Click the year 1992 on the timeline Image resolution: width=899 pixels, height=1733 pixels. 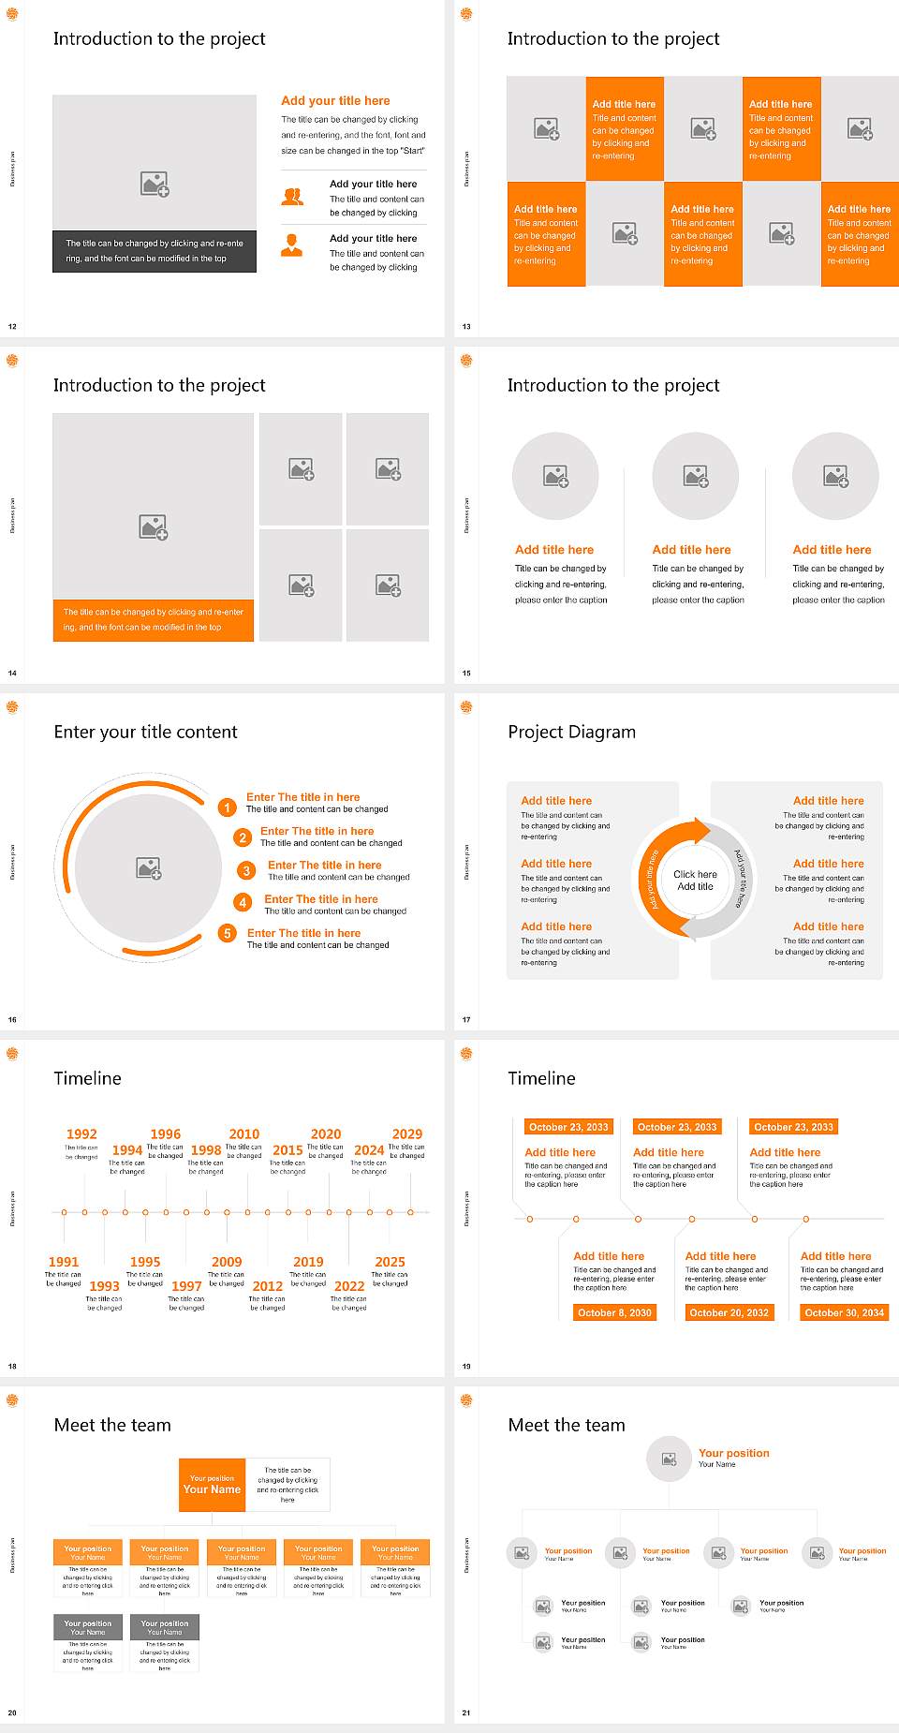coord(81,1133)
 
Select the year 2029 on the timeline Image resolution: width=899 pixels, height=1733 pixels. coord(407,1133)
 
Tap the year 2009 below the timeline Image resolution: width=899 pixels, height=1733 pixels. coord(227,1262)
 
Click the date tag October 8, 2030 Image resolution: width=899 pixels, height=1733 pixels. coord(614,1312)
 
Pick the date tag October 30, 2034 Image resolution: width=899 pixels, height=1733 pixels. coord(844,1312)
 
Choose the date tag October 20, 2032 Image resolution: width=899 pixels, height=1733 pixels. coord(729,1312)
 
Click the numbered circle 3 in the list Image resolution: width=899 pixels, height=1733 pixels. coord(246,871)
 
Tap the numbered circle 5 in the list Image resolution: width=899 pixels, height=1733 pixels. coord(227,933)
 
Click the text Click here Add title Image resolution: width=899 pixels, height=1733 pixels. coord(695,880)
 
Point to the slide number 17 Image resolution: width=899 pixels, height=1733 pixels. coord(466,1019)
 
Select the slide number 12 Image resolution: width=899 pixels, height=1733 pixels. coord(12,326)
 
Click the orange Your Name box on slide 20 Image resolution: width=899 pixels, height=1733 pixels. coord(213,1485)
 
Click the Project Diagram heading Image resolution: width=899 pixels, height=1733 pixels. coord(571,732)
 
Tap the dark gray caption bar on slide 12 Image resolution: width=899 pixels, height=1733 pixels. coord(155,251)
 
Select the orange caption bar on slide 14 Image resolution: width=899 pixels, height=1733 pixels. coord(154,620)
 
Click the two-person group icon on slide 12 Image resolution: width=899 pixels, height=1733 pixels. coord(292,197)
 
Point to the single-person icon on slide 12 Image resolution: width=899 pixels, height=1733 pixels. coord(292,245)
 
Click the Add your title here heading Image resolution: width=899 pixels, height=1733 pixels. coord(335,100)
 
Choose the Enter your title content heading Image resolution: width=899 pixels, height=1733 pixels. coord(145,732)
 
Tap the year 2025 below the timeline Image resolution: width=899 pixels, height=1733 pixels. coord(390,1262)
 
